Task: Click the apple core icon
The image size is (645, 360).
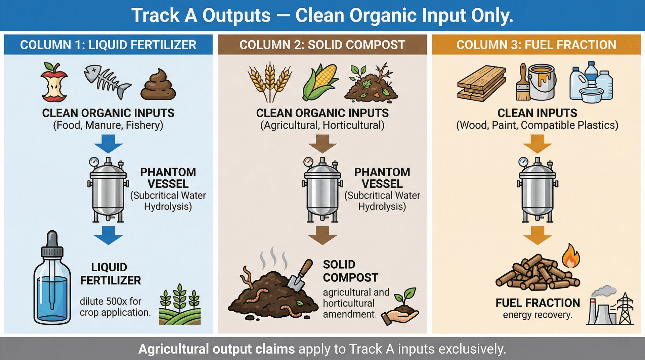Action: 54,83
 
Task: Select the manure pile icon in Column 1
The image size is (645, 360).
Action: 158,85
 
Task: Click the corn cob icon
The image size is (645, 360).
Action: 319,82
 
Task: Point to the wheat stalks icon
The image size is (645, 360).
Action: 270,82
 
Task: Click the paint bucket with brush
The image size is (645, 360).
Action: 537,83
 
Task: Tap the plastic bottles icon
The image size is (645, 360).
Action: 591,83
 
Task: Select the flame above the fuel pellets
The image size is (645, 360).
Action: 571,256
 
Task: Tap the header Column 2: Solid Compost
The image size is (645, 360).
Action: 322,45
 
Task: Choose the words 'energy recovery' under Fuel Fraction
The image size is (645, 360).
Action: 537,315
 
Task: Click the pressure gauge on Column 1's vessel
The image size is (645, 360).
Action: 94,162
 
